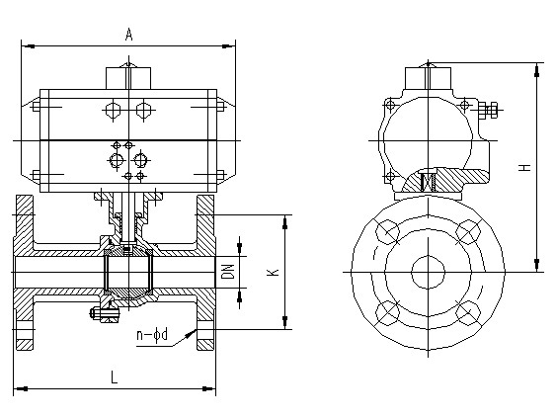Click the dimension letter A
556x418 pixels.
click(x=128, y=35)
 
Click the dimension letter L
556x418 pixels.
click(x=114, y=376)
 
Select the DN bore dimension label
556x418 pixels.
click(x=230, y=272)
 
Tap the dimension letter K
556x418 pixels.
click(x=275, y=272)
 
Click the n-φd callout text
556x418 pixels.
click(x=152, y=335)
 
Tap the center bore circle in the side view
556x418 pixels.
click(x=428, y=272)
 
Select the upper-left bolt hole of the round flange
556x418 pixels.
click(x=387, y=231)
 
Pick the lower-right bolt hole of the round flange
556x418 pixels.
click(x=468, y=313)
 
